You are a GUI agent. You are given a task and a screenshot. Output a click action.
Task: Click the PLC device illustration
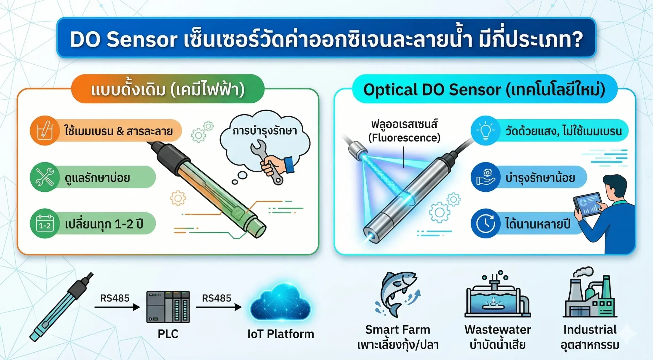pyautogui.click(x=168, y=307)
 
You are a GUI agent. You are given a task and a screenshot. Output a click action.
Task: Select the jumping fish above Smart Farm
pyautogui.click(x=397, y=293)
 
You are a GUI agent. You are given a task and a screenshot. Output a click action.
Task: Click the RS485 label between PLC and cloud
pyautogui.click(x=216, y=298)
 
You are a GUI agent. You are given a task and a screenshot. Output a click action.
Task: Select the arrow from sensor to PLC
pyautogui.click(x=117, y=307)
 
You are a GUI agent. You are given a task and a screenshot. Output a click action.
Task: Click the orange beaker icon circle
pyautogui.click(x=45, y=131)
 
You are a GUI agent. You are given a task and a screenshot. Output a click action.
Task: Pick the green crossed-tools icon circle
pyautogui.click(x=45, y=177)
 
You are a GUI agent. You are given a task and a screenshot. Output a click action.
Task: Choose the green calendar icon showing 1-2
pyautogui.click(x=45, y=224)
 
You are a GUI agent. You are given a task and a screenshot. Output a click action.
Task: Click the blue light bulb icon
pyautogui.click(x=485, y=131)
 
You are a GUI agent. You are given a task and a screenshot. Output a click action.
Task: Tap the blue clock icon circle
pyautogui.click(x=485, y=224)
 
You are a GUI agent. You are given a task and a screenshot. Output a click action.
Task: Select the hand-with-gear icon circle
pyautogui.click(x=485, y=177)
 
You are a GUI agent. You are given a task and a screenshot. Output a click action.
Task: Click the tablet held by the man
pyautogui.click(x=587, y=205)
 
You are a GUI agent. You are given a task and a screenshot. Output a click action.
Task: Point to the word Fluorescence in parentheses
pyautogui.click(x=404, y=138)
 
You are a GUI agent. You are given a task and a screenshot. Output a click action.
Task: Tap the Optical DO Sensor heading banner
pyautogui.click(x=484, y=89)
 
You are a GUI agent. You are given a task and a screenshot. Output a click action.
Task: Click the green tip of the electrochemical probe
pyautogui.click(x=256, y=227)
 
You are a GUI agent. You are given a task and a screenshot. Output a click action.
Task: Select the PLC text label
pyautogui.click(x=168, y=334)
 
